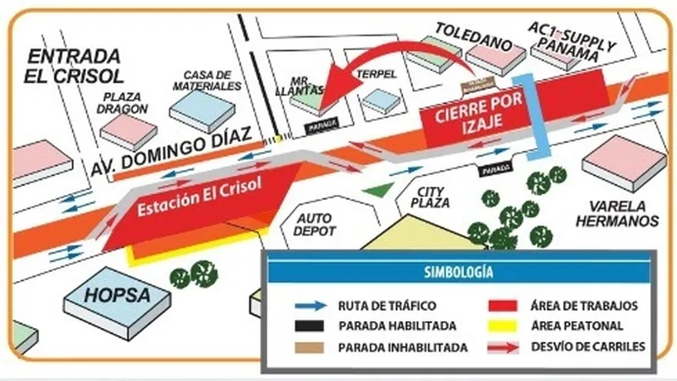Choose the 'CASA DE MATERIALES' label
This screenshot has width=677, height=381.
point(208,80)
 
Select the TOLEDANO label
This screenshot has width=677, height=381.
point(473,36)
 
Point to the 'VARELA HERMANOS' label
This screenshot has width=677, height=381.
point(623,214)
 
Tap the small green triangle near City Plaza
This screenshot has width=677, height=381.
point(377,189)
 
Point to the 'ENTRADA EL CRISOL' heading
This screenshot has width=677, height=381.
point(75,65)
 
